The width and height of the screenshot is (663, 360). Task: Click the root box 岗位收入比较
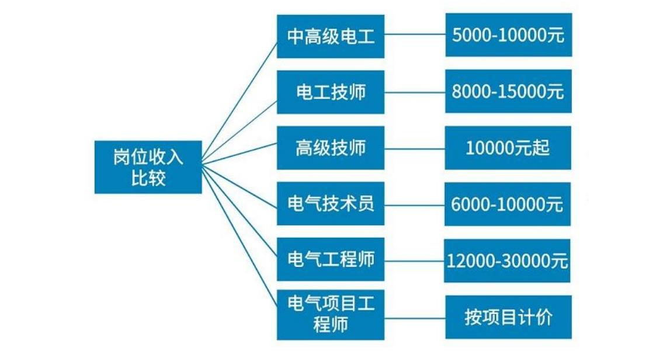pyautogui.click(x=148, y=167)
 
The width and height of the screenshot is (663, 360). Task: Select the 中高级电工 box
pyautogui.click(x=331, y=37)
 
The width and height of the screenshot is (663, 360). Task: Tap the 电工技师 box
pyautogui.click(x=331, y=92)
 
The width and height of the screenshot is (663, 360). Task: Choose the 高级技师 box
pyautogui.click(x=331, y=147)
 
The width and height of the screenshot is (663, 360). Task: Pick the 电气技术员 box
pyautogui.click(x=331, y=203)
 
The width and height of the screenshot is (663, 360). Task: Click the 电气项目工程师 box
pyautogui.click(x=331, y=314)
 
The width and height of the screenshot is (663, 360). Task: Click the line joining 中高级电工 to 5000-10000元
pyautogui.click(x=415, y=35)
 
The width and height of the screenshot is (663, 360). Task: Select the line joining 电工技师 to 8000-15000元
pyautogui.click(x=415, y=92)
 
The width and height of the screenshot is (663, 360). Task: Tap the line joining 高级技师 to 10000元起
pyautogui.click(x=415, y=148)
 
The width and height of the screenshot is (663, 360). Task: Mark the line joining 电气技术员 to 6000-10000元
pyautogui.click(x=415, y=204)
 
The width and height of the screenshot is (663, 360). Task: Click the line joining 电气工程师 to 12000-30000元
pyautogui.click(x=415, y=260)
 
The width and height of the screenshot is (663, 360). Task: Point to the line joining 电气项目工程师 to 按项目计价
pyautogui.click(x=415, y=317)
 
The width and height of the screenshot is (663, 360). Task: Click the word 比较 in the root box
pyautogui.click(x=148, y=178)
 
